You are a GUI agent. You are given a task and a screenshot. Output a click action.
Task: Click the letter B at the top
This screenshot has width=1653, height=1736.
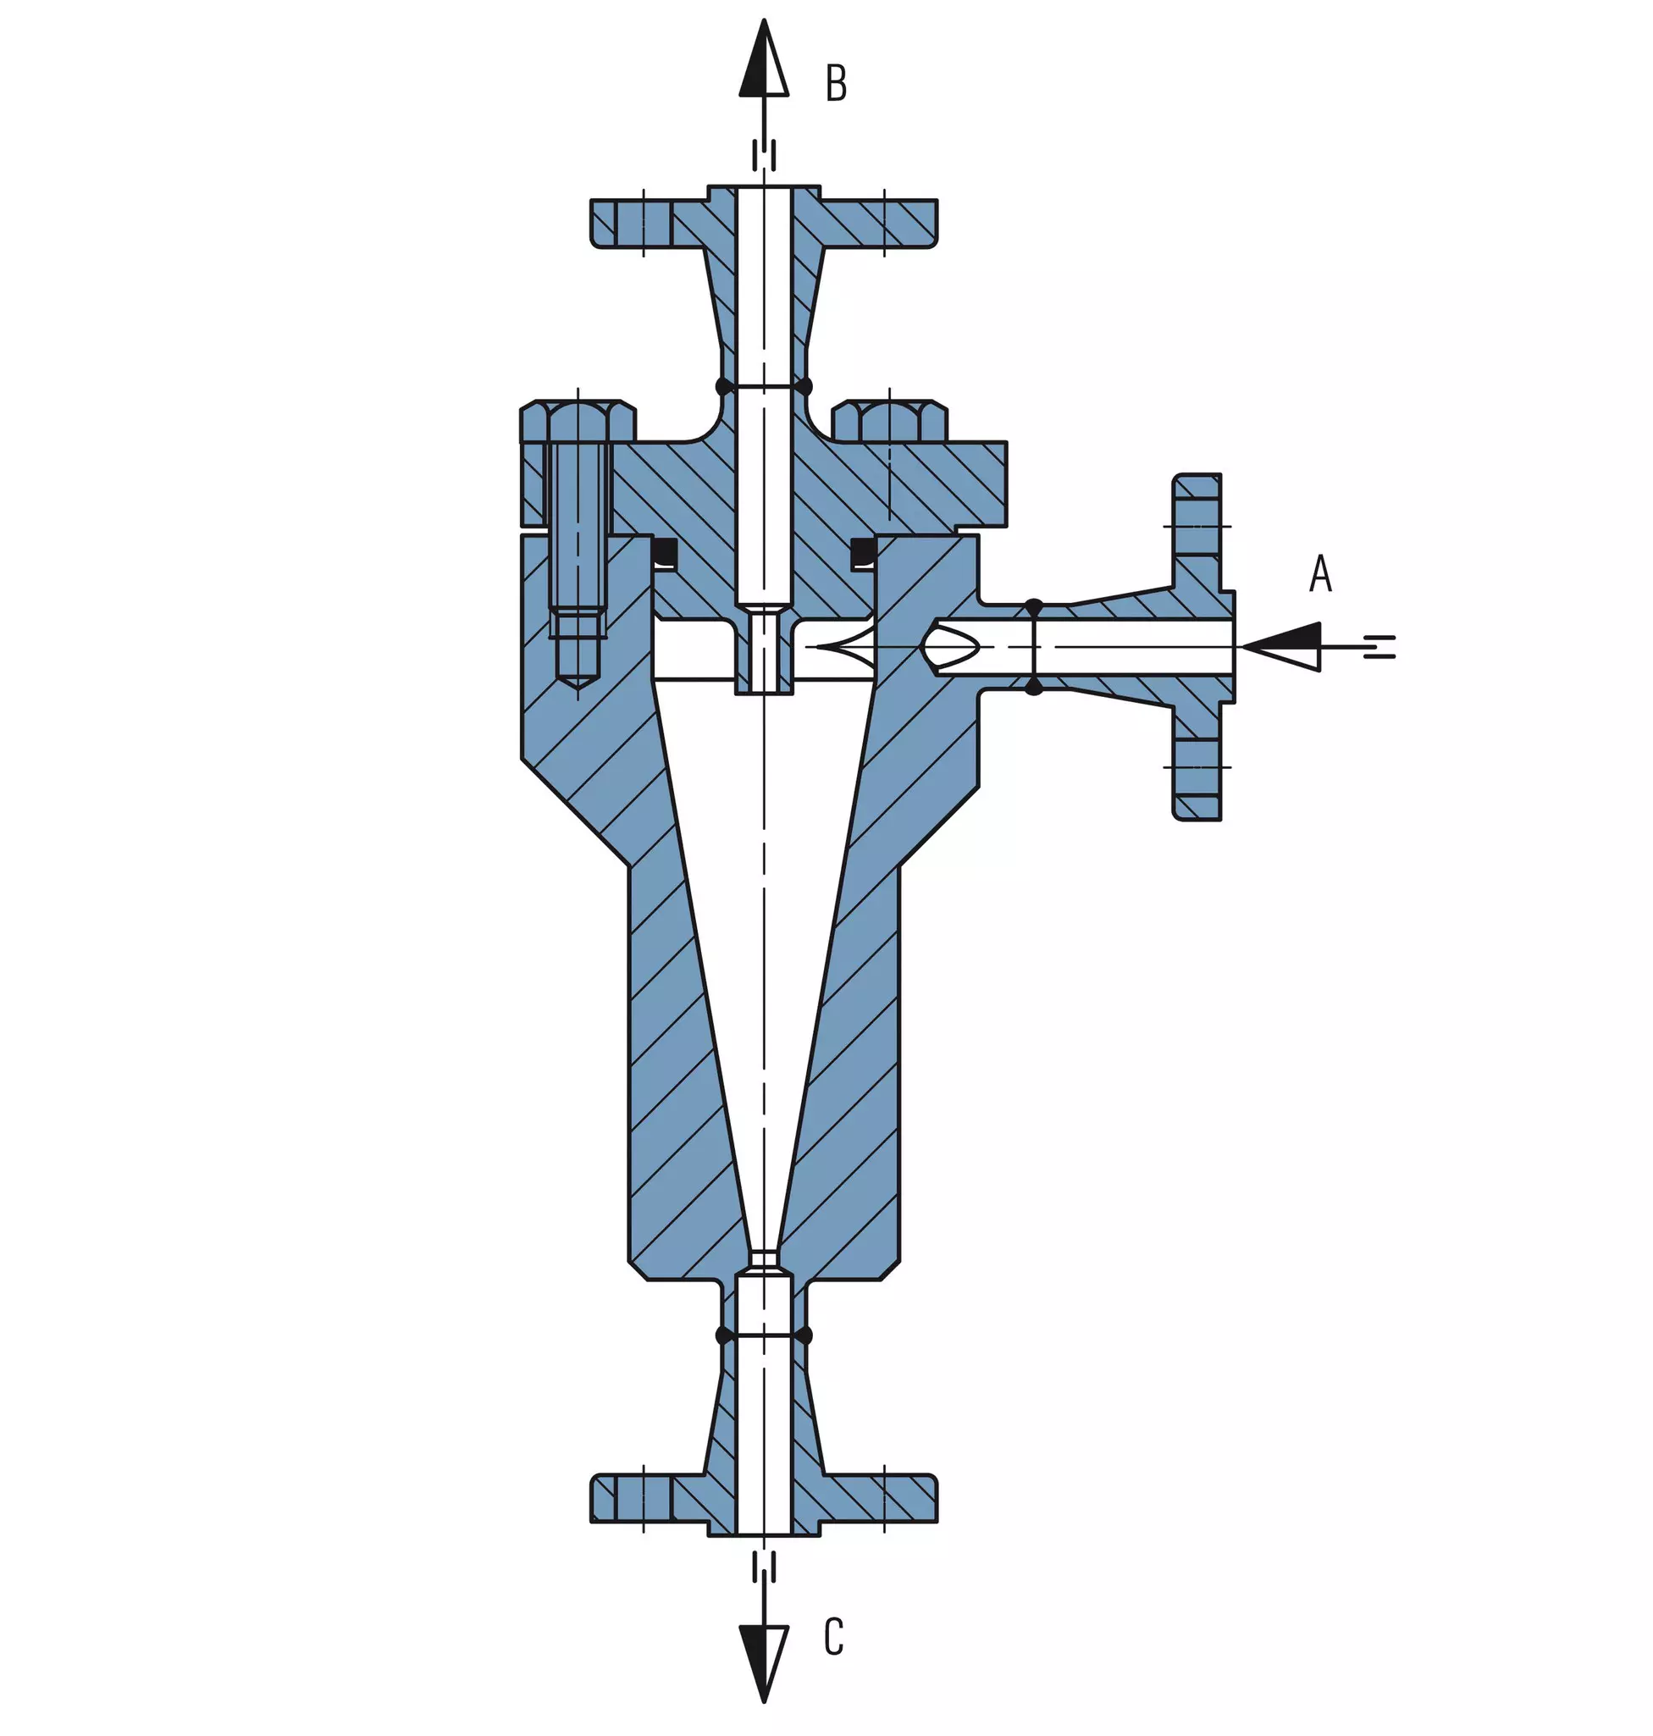(x=835, y=84)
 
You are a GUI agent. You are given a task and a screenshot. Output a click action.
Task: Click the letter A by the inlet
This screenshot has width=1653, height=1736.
(x=1320, y=572)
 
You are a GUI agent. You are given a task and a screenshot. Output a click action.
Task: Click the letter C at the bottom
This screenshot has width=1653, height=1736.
(x=833, y=1637)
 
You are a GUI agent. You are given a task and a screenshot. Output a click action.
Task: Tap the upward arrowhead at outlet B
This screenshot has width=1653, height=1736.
(x=764, y=58)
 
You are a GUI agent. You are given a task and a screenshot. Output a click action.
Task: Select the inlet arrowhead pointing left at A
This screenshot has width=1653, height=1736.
(x=1281, y=647)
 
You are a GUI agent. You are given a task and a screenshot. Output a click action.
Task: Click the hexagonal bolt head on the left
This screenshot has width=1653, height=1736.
(x=578, y=421)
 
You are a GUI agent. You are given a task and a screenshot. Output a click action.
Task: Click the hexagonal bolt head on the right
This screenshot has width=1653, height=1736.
(x=890, y=421)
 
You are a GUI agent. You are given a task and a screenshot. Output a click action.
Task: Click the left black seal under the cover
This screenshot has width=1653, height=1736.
(x=665, y=552)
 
